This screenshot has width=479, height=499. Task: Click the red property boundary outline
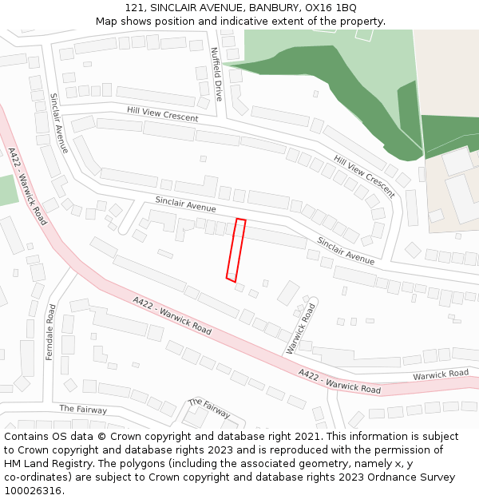tap(236, 249)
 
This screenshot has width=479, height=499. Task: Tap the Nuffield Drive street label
tap(216, 73)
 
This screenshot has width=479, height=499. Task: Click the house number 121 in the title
tap(136, 7)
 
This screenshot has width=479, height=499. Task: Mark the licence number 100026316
tap(34, 491)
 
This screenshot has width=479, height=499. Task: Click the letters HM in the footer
tap(14, 464)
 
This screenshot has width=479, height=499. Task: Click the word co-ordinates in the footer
tap(35, 477)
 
